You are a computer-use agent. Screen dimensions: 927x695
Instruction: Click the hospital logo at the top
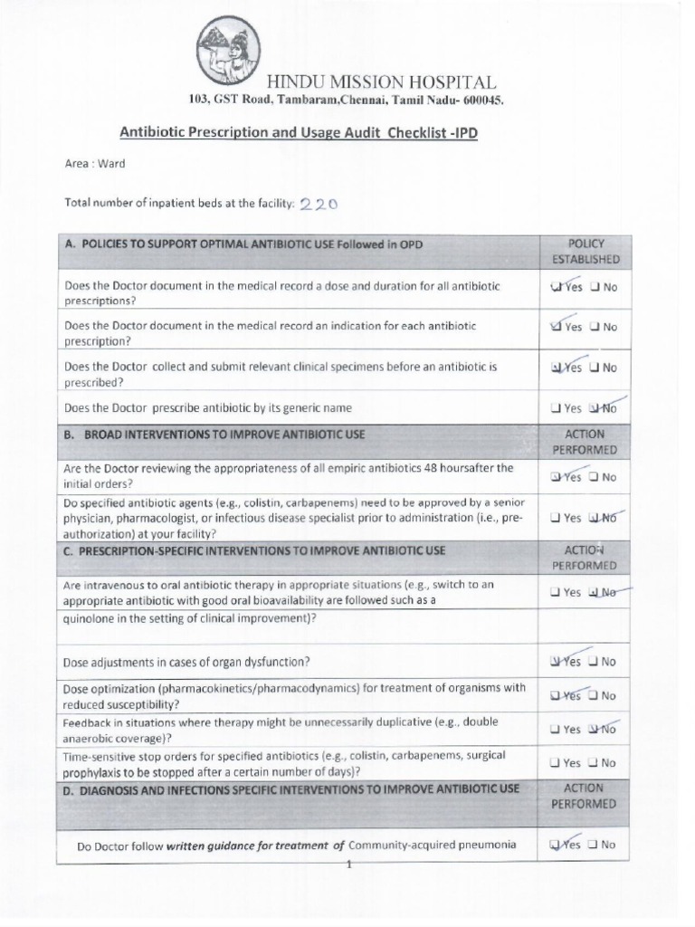pos(228,51)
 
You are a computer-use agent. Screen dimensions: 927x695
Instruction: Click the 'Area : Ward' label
pos(95,164)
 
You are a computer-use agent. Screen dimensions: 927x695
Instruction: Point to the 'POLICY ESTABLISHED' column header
pos(586,252)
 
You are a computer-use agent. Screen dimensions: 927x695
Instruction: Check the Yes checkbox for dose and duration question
pos(556,288)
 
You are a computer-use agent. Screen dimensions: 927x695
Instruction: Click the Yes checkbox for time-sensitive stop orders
pos(554,763)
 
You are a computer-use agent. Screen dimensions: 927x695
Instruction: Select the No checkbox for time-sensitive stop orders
pos(594,763)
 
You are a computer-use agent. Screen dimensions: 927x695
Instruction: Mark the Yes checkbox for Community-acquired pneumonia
pos(555,845)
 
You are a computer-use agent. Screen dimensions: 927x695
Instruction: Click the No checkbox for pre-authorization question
pos(594,519)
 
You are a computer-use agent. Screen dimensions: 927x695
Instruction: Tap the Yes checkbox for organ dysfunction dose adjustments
pos(555,662)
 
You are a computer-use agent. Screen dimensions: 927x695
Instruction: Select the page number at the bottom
pos(348,863)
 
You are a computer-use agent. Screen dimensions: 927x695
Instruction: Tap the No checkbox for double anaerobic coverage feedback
pos(594,729)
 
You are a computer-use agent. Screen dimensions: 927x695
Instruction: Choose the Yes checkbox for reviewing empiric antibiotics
pos(555,477)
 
